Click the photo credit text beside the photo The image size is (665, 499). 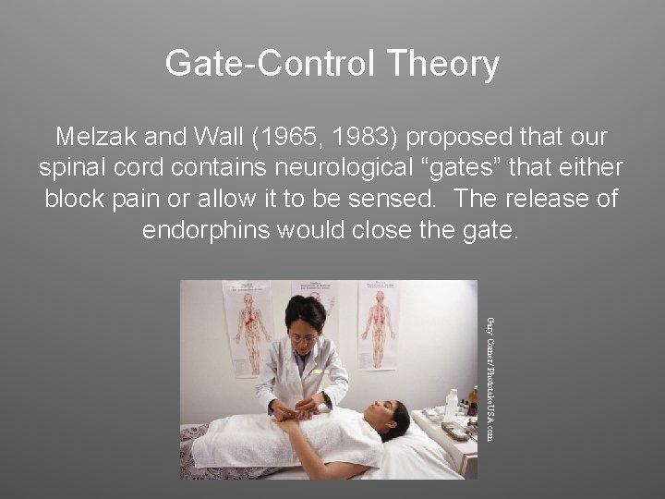[490, 379]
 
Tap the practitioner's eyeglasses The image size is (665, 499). [303, 337]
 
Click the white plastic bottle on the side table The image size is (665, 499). [452, 405]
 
